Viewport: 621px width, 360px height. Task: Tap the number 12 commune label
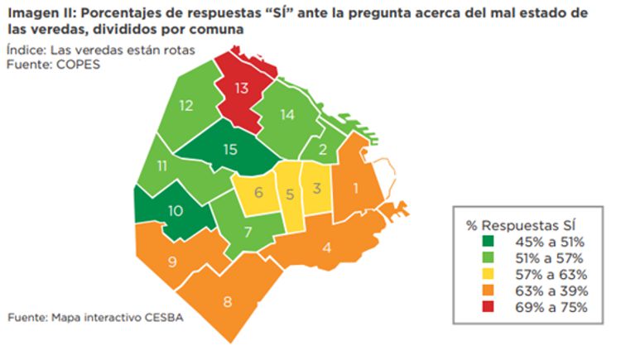click(185, 106)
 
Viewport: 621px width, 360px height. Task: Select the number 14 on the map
click(286, 115)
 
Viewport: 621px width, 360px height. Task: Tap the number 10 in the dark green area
click(175, 210)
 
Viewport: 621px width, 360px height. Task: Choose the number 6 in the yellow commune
click(258, 194)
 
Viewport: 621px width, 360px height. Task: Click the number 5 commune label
click(290, 195)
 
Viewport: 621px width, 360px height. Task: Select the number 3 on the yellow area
click(317, 187)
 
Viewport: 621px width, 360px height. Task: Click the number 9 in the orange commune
click(173, 262)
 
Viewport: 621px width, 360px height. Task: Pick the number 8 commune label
click(227, 300)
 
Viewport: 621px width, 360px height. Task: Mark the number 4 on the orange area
click(327, 247)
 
